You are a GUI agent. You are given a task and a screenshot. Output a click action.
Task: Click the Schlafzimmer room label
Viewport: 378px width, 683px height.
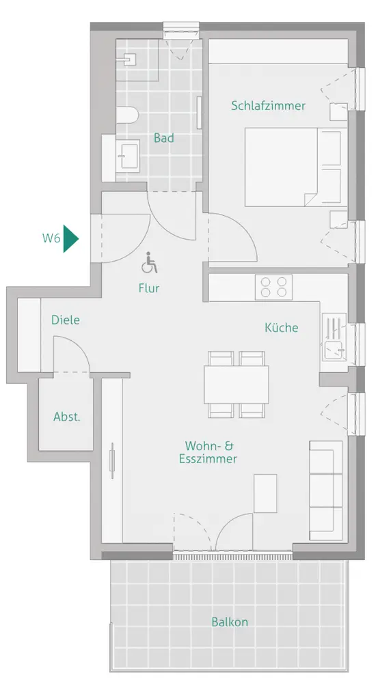point(268,106)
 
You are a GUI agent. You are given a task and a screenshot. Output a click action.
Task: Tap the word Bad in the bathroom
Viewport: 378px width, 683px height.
point(164,138)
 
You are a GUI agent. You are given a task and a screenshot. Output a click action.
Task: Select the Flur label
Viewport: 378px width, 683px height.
point(149,288)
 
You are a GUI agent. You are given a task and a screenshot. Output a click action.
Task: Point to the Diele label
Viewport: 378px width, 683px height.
point(66,320)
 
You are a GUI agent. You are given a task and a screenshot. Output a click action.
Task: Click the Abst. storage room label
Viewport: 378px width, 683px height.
point(67,417)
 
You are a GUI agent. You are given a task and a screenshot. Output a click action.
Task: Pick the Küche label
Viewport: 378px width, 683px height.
point(282,327)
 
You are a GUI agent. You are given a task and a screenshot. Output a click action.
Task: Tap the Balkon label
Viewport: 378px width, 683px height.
point(230,622)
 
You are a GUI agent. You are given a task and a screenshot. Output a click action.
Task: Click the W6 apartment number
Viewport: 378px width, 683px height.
point(51,238)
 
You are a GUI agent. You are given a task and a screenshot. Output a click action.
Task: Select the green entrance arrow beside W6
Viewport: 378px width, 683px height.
point(70,238)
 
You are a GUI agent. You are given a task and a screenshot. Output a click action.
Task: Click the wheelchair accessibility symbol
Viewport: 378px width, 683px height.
point(149,263)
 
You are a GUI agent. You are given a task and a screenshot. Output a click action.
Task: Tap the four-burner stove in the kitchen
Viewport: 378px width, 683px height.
point(274,287)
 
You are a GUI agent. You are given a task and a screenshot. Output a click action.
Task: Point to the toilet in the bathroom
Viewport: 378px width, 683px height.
point(128,115)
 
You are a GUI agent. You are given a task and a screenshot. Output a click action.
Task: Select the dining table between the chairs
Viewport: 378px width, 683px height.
point(236,384)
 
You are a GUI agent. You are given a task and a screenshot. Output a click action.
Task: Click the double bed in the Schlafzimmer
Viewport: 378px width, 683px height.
point(293,167)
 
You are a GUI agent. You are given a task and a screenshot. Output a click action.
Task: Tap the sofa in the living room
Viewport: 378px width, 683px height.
point(325,490)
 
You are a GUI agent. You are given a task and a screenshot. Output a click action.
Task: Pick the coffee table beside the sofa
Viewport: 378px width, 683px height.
point(265,494)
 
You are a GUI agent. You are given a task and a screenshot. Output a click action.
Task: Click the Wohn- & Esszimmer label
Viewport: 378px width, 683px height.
point(209,452)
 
